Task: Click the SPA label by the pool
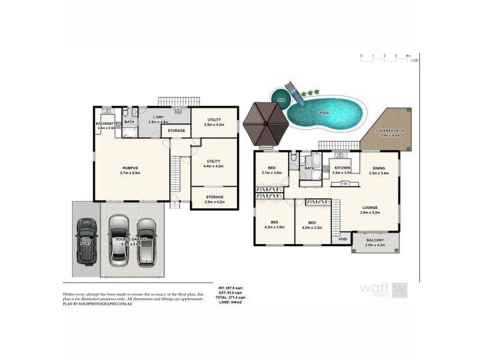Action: (280, 100)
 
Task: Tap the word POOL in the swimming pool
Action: (324, 112)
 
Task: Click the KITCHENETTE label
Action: (109, 124)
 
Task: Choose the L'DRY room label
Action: (158, 117)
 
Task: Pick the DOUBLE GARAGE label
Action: (131, 239)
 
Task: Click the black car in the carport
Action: (87, 241)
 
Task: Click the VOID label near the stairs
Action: (343, 239)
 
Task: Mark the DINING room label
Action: (379, 169)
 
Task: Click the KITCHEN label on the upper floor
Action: (342, 169)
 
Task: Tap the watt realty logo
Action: (383, 289)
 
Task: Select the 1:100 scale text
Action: (415, 61)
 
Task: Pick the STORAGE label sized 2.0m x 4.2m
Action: (215, 197)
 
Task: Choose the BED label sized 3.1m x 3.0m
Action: (272, 169)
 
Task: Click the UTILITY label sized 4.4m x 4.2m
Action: (214, 161)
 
